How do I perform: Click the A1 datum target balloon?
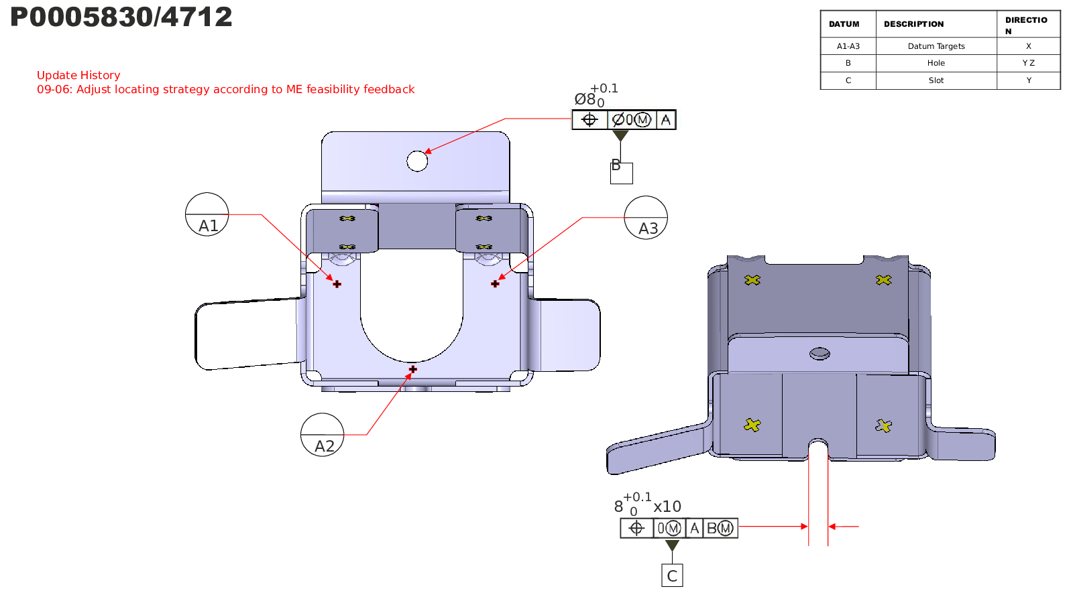click(x=207, y=214)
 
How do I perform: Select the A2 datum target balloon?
click(x=323, y=435)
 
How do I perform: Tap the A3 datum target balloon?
click(x=646, y=218)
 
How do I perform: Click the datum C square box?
click(x=672, y=576)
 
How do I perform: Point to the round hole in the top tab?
click(x=417, y=161)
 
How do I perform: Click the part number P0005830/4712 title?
click(x=121, y=17)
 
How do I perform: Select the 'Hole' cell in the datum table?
click(x=936, y=63)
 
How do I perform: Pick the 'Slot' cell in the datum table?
click(x=936, y=80)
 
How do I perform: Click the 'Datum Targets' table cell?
click(x=936, y=46)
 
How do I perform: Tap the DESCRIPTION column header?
click(x=913, y=24)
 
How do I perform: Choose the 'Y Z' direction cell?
click(x=1028, y=63)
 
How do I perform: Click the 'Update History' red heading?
click(x=78, y=75)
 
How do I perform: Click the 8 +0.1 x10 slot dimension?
click(x=646, y=505)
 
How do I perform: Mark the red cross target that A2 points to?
click(x=413, y=369)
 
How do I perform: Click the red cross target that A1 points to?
click(x=337, y=284)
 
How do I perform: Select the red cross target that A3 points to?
click(x=495, y=284)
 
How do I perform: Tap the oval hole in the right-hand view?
click(x=820, y=353)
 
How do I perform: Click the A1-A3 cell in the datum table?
click(x=848, y=46)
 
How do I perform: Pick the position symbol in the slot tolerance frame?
click(x=636, y=528)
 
